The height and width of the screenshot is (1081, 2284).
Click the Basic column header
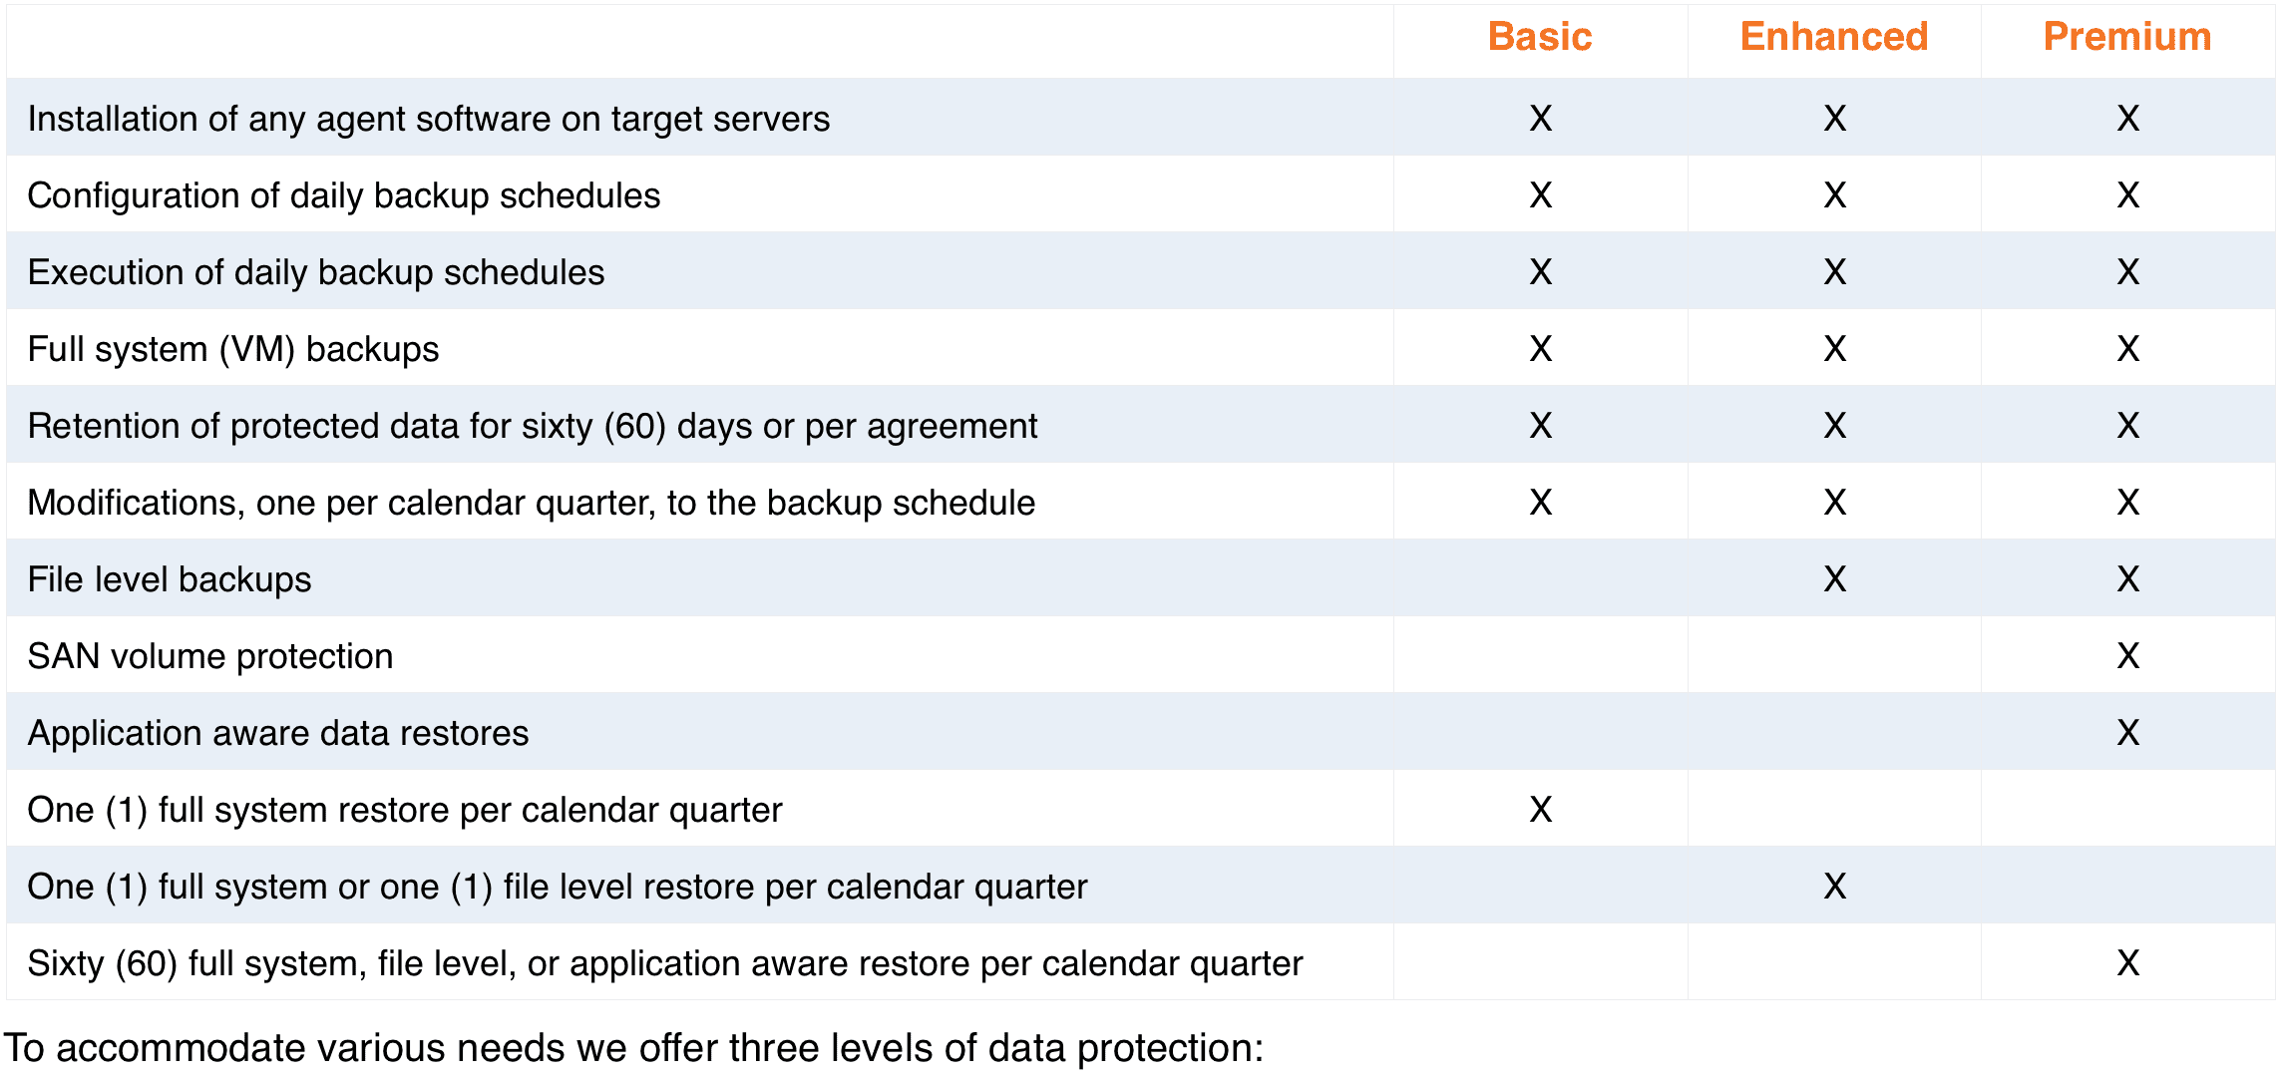click(x=1540, y=37)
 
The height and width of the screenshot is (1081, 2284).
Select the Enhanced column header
click(x=1834, y=37)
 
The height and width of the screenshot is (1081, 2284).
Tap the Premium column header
click(x=2127, y=37)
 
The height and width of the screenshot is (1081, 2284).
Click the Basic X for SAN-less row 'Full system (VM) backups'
click(x=1541, y=349)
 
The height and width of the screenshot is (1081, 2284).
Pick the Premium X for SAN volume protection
click(x=2128, y=656)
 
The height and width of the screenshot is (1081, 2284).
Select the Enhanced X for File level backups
click(x=1835, y=579)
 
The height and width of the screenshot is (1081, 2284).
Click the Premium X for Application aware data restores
click(x=2128, y=733)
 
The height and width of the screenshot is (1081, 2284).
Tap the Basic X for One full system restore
click(x=1541, y=810)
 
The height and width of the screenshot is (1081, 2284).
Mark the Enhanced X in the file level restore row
click(x=1835, y=887)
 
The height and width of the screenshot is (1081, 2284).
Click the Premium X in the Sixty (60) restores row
click(x=2128, y=963)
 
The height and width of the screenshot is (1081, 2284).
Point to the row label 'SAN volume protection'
click(x=210, y=656)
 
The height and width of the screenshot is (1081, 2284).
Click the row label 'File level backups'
click(x=170, y=579)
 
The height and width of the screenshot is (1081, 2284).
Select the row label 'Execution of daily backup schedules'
click(x=316, y=272)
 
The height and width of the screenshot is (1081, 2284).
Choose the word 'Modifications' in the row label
click(x=137, y=504)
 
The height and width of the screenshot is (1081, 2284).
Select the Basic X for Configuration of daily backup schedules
click(x=1541, y=195)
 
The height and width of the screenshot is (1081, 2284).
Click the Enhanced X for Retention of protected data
click(x=1835, y=426)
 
